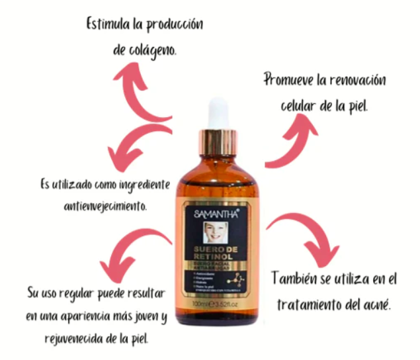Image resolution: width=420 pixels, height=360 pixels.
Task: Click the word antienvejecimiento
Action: (106, 204)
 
